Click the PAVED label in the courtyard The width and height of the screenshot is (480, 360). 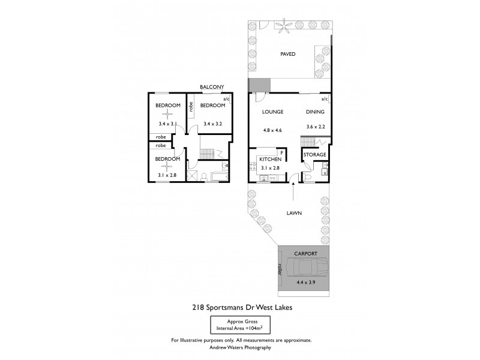(x=288, y=54)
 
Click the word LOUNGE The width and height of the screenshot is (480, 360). (x=272, y=112)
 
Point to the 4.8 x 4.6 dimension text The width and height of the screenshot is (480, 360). (x=272, y=130)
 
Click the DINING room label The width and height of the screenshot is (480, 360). (x=314, y=112)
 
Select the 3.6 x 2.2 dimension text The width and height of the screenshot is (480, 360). (x=314, y=127)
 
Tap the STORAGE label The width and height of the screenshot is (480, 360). (x=314, y=155)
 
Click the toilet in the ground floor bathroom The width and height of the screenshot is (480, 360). (x=307, y=176)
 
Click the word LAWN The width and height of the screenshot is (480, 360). (x=293, y=212)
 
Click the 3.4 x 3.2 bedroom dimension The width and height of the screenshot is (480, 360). (x=213, y=124)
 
